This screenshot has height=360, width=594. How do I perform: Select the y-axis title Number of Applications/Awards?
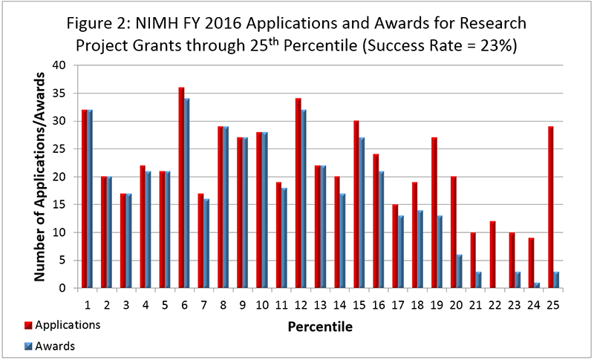click(x=42, y=177)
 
